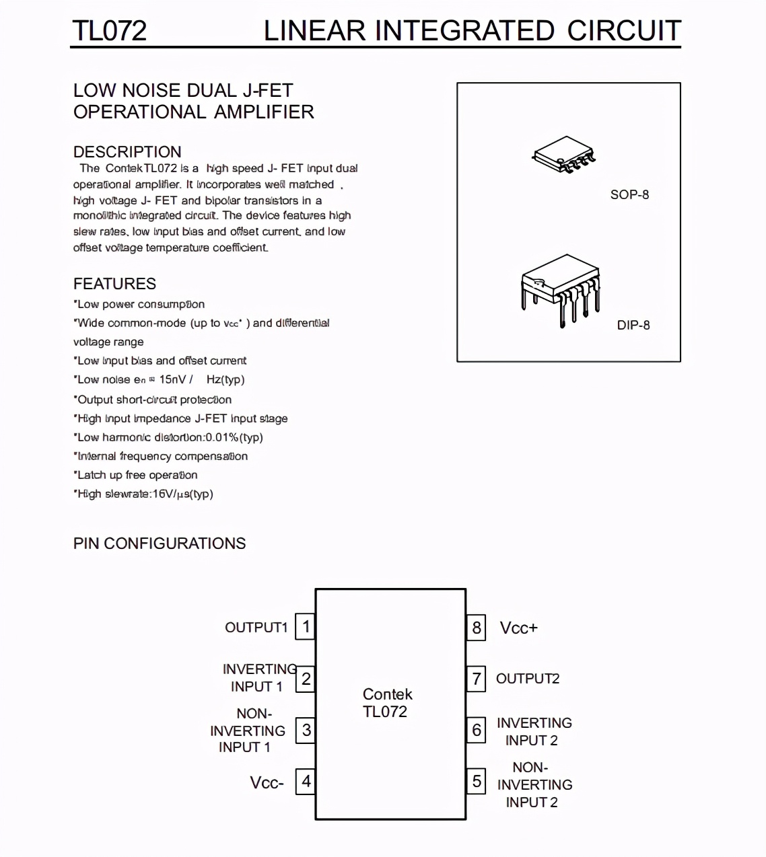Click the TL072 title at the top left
pyautogui.click(x=109, y=31)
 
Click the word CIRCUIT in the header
pyautogui.click(x=624, y=31)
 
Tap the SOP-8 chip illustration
pyautogui.click(x=565, y=154)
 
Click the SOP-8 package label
pyautogui.click(x=629, y=194)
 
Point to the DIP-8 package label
pyautogui.click(x=633, y=325)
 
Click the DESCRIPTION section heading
pyautogui.click(x=127, y=152)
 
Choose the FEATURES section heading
pyautogui.click(x=114, y=284)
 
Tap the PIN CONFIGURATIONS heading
pyautogui.click(x=160, y=544)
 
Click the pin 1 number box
pyautogui.click(x=306, y=627)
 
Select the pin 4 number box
pyautogui.click(x=306, y=781)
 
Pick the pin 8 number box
pyautogui.click(x=477, y=628)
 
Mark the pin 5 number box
pyautogui.click(x=477, y=781)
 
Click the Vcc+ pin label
pyautogui.click(x=518, y=628)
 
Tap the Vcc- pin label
pyautogui.click(x=267, y=782)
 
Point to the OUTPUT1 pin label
pyautogui.click(x=256, y=628)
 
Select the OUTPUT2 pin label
pyautogui.click(x=528, y=679)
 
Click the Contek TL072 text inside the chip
pyautogui.click(x=387, y=703)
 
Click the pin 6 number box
pyautogui.click(x=477, y=730)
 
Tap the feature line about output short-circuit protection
pyautogui.click(x=154, y=400)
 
